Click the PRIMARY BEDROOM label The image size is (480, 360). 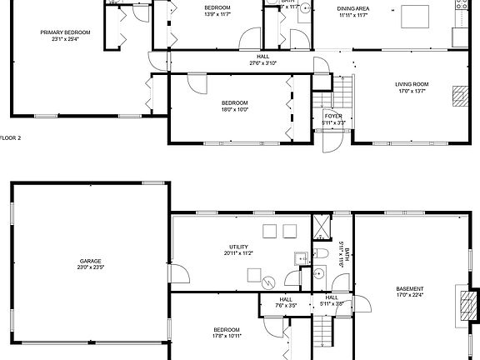(65, 32)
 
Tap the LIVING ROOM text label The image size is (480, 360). (412, 84)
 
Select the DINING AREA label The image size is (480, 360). (353, 8)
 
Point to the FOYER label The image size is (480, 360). (333, 116)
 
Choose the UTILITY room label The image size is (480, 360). (239, 247)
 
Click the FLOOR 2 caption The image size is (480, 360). (11, 137)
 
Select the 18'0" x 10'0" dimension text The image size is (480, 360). (235, 110)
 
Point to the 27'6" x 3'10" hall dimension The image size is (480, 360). (262, 63)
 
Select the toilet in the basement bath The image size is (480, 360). (322, 252)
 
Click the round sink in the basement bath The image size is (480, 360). (319, 271)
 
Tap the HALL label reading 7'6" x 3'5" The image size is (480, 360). (286, 302)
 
